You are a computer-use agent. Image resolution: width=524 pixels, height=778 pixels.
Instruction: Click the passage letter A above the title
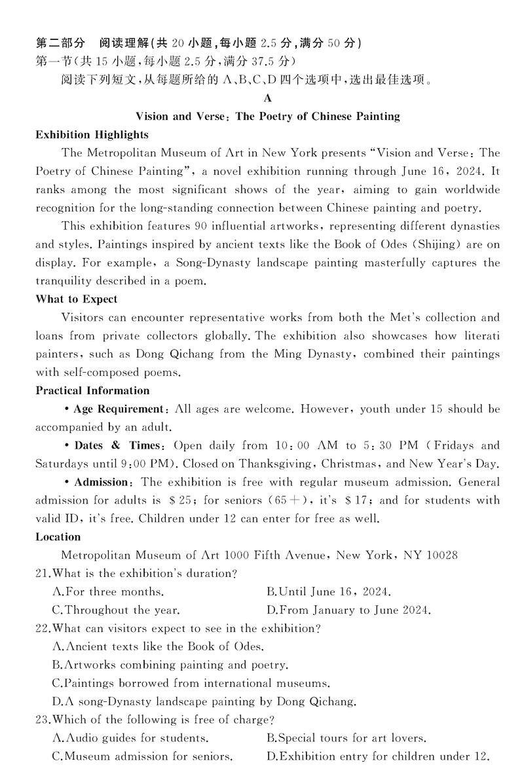click(267, 99)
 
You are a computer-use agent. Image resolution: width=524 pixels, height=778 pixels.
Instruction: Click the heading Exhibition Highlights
click(92, 135)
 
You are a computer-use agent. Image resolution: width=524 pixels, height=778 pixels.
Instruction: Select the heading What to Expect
click(77, 299)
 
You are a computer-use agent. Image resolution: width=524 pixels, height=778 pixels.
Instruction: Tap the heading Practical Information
click(92, 390)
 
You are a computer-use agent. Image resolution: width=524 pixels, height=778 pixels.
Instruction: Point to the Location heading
click(58, 536)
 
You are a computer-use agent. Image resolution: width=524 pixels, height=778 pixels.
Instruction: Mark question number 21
click(43, 574)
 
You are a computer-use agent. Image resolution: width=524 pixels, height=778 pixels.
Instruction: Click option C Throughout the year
click(116, 610)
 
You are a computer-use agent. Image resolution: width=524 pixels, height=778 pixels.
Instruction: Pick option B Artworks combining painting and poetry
click(170, 665)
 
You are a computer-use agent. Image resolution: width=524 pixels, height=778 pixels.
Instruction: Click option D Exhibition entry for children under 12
click(378, 756)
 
